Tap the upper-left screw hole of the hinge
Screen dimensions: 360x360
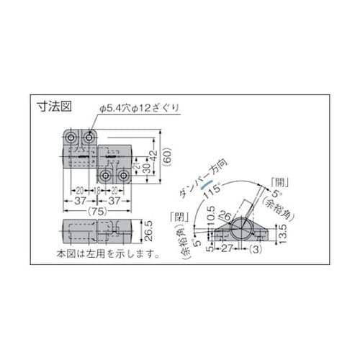72,137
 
